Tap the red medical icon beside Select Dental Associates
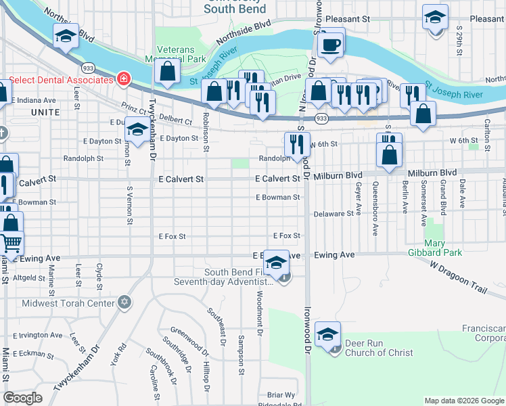pos(123,80)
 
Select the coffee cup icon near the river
pos(330,45)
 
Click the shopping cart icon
pos(11,242)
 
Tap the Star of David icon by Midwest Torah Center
pos(123,302)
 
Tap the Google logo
pos(22,398)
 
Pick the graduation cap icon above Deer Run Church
pos(327,334)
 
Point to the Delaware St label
pos(333,213)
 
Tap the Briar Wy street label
pos(281,394)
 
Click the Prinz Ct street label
pos(134,109)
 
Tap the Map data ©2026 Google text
pos(463,401)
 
